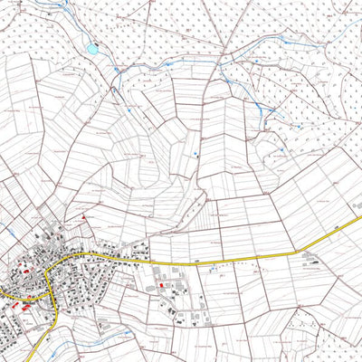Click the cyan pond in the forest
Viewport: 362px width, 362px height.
point(91,49)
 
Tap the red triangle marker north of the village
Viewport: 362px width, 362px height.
point(84,216)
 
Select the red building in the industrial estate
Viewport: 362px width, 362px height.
point(163,285)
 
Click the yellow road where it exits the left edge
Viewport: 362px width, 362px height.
point(2,294)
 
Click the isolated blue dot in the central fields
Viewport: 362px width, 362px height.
point(197,157)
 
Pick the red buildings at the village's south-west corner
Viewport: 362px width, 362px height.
point(24,308)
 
